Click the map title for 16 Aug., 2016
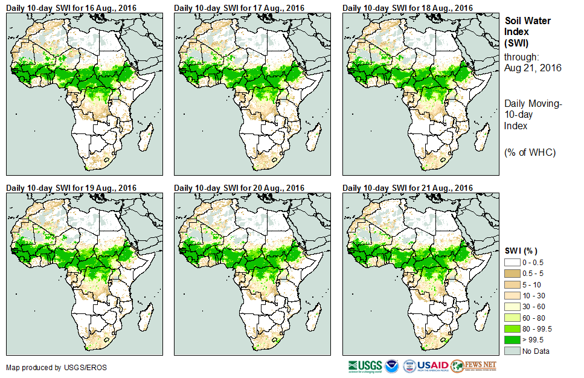[71, 8]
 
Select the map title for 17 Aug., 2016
[239, 8]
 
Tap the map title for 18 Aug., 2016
[408, 8]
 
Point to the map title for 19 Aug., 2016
[71, 188]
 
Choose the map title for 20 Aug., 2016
[239, 188]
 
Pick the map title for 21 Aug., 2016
[408, 188]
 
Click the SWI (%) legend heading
[521, 251]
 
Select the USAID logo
[425, 366]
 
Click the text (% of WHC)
[530, 152]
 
